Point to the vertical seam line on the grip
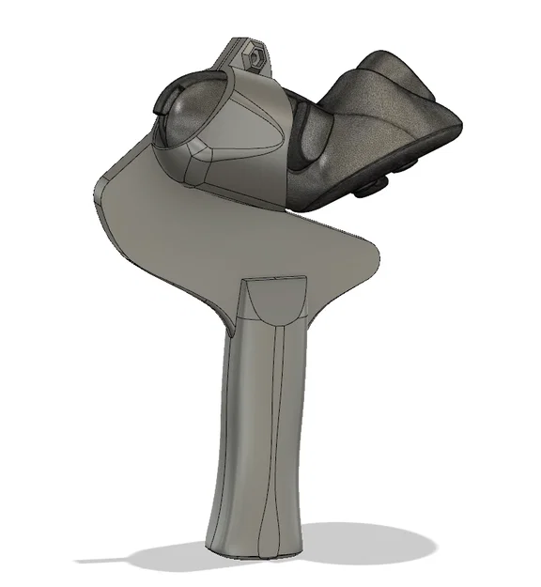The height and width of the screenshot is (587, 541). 280,423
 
